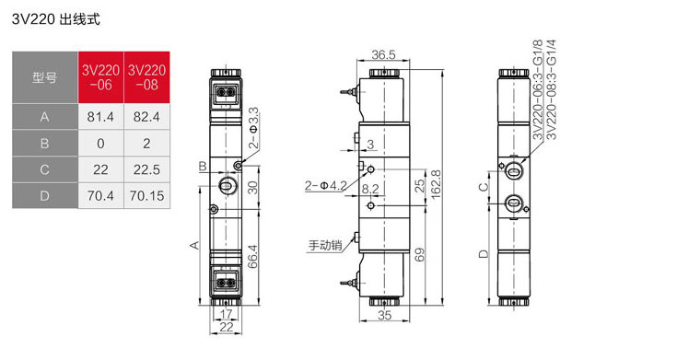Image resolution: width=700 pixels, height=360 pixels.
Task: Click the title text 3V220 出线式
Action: coord(56,19)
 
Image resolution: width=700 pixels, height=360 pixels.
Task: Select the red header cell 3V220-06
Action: coord(101,77)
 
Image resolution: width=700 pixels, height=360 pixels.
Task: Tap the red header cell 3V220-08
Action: coord(146,77)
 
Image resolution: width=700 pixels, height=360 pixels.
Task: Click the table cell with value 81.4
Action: coord(101,117)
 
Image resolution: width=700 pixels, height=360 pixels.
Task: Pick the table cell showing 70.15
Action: coord(146,195)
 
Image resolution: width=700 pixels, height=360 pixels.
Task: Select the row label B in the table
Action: coord(44,144)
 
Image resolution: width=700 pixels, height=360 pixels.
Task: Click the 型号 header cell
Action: coord(44,77)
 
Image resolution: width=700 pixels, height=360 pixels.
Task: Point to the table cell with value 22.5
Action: coord(146,169)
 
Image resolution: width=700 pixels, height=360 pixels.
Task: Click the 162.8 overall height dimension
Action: coord(436,183)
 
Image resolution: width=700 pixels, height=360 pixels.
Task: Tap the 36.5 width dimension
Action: coord(383,54)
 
